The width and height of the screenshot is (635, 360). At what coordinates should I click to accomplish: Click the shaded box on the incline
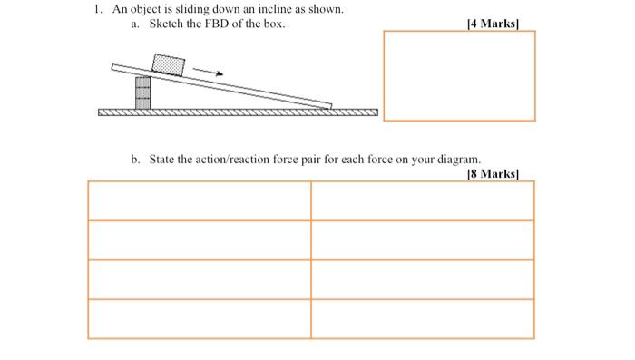coord(169,64)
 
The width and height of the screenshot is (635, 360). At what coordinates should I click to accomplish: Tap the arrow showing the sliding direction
coord(207,72)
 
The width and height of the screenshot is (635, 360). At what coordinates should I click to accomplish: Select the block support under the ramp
coord(142,92)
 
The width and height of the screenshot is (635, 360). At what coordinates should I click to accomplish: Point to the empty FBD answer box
coord(459,75)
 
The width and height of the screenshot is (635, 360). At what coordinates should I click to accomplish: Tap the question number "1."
coord(96,9)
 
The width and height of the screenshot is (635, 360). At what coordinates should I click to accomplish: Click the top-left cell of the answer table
coord(200,200)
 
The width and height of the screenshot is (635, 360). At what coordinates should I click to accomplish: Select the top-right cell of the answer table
coord(423,200)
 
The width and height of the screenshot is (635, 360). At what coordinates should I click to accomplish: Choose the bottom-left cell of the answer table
coord(200,319)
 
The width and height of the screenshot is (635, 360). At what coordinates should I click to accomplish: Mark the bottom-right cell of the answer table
coord(423,319)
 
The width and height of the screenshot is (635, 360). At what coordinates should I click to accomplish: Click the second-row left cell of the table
coord(200,240)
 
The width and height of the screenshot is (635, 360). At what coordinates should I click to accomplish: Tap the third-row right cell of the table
coord(423,279)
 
